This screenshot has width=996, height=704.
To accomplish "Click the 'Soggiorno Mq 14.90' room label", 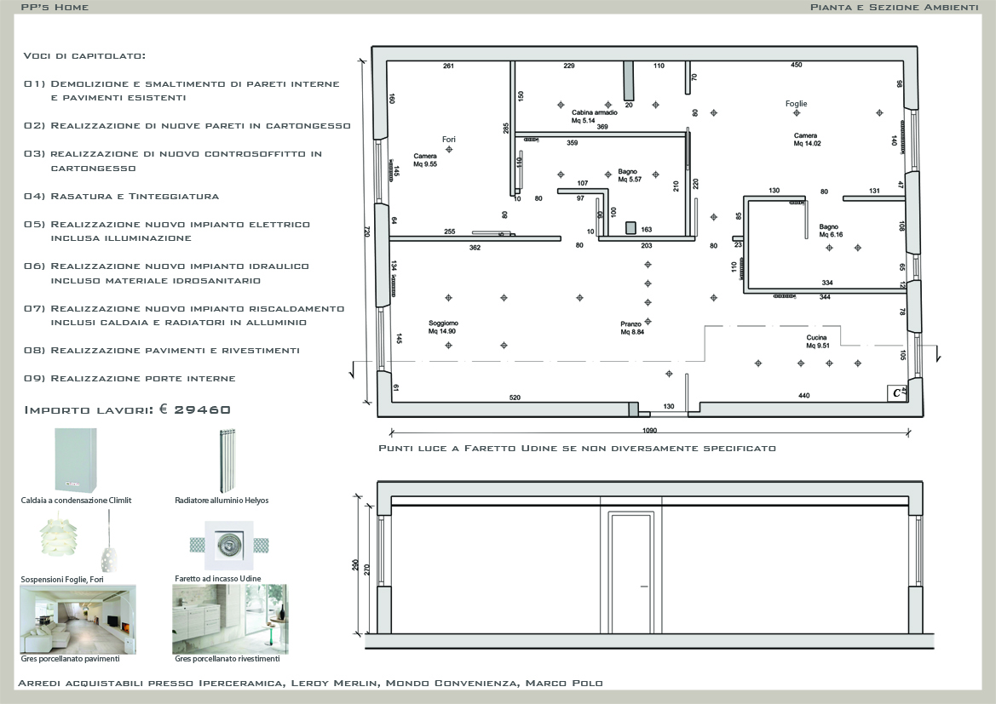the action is [x=442, y=327].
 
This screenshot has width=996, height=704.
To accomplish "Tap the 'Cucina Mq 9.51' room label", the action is [x=818, y=341].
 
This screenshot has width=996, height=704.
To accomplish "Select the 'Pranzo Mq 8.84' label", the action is [x=632, y=328].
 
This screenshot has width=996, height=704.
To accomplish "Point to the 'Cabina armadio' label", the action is [x=594, y=112].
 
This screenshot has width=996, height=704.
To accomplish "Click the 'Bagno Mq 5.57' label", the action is [x=630, y=175].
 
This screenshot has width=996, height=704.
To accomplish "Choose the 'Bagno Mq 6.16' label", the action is [x=830, y=231].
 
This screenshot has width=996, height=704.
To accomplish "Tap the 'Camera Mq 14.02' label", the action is [x=807, y=139].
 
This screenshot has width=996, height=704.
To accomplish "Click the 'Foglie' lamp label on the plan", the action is [x=796, y=104].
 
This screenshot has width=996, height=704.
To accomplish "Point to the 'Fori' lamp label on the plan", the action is [x=449, y=139].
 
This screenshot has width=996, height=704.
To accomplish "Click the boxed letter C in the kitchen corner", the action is [x=896, y=393].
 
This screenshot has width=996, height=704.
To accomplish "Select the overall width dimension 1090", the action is [x=649, y=430].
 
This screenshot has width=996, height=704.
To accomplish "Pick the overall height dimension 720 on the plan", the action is [x=366, y=232].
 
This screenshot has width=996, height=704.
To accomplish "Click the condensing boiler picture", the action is [x=76, y=461].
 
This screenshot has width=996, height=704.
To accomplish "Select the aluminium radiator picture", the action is [x=226, y=461].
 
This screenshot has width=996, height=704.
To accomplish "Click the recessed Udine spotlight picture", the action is [x=229, y=546].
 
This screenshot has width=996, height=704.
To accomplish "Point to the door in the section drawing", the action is [x=630, y=573].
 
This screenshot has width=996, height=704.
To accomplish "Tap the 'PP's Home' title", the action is [x=55, y=7].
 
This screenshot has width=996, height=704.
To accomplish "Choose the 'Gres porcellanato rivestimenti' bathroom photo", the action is [x=230, y=619].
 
